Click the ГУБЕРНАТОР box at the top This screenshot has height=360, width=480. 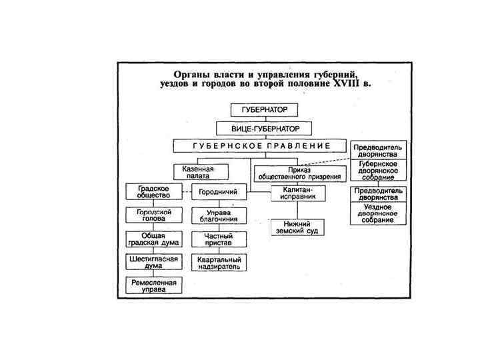click(264, 110)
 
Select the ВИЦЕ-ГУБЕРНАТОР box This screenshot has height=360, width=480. click(264, 127)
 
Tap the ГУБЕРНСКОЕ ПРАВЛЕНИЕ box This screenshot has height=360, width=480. click(261, 145)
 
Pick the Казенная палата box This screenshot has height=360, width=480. click(197, 173)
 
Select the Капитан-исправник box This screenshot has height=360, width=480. click(297, 193)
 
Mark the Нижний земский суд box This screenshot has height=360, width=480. click(297, 227)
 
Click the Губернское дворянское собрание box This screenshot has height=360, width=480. click(379, 170)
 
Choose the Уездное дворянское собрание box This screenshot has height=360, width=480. click(379, 213)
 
